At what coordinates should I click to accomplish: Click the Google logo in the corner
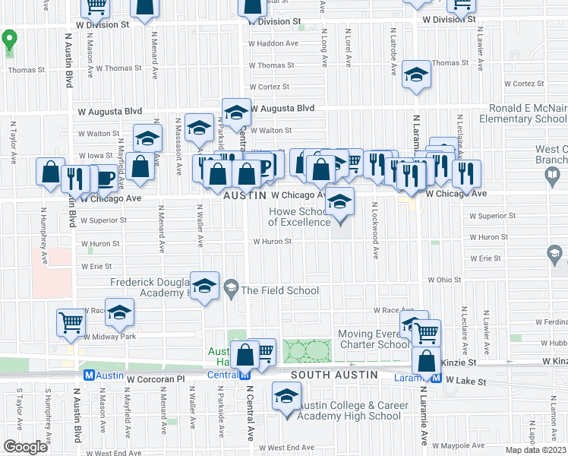pyautogui.click(x=25, y=447)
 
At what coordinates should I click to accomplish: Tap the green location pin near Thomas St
pyautogui.click(x=10, y=41)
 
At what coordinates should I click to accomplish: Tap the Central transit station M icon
pyautogui.click(x=245, y=375)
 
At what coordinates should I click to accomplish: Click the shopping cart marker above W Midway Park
pyautogui.click(x=71, y=322)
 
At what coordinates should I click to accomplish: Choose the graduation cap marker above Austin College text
pyautogui.click(x=287, y=397)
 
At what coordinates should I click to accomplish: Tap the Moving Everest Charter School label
pyautogui.click(x=374, y=339)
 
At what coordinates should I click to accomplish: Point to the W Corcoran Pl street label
pyautogui.click(x=156, y=378)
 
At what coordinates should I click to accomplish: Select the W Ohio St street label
pyautogui.click(x=444, y=280)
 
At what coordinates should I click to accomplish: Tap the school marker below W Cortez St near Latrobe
pyautogui.click(x=416, y=75)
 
